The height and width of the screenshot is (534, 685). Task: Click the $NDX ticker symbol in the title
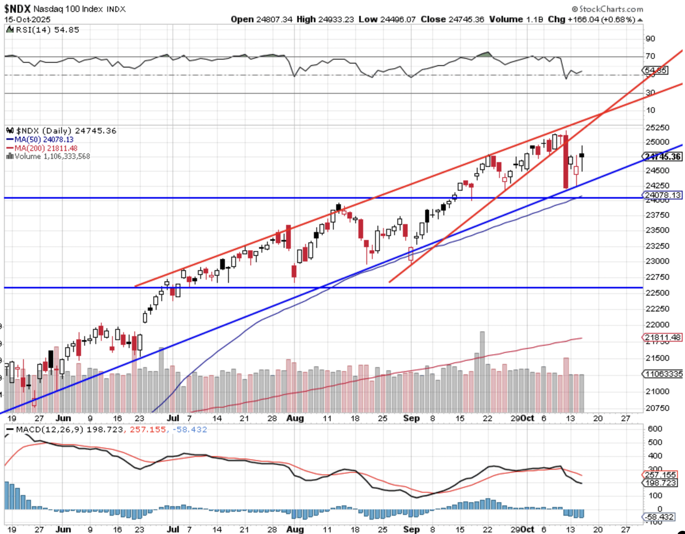tap(17, 8)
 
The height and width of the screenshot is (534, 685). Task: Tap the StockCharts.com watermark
tap(608, 9)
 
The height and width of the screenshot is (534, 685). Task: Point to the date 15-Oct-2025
tap(27, 19)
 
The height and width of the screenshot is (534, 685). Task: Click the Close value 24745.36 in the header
tap(452, 19)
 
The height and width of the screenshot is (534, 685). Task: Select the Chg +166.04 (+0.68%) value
tap(592, 19)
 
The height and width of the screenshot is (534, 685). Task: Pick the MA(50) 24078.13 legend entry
tap(40, 139)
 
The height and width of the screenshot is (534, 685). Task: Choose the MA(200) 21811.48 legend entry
tap(42, 148)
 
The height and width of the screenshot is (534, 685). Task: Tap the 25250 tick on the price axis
tap(657, 128)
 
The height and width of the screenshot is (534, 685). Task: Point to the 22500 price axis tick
tap(657, 293)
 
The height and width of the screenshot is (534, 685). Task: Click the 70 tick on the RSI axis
tap(650, 56)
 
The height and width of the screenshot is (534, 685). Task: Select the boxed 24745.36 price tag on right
tap(662, 157)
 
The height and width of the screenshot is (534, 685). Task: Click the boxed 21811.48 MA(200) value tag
tap(662, 337)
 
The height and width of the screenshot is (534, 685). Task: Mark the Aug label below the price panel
tap(295, 418)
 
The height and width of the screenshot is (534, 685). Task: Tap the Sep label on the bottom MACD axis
tap(411, 529)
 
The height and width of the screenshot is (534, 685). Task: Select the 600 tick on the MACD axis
tap(655, 429)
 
